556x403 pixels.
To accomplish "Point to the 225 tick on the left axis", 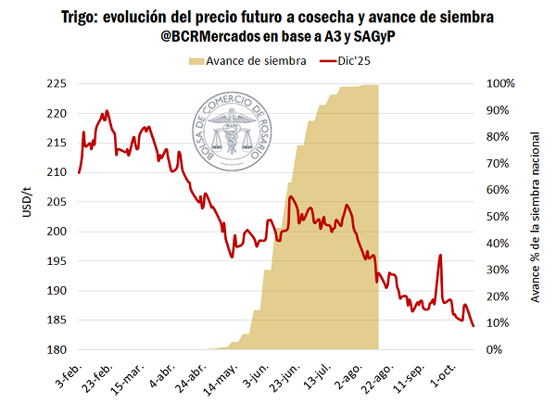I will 57,84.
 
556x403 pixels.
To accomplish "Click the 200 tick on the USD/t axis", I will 57,232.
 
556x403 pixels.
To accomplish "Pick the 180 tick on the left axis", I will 57,350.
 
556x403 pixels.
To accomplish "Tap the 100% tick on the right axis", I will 501,84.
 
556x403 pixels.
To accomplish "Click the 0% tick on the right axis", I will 495,350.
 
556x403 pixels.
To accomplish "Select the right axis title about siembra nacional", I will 536,217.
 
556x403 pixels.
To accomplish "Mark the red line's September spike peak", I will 440,255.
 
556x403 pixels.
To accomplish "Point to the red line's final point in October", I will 474,326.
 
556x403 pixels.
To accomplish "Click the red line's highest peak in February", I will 107,111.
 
